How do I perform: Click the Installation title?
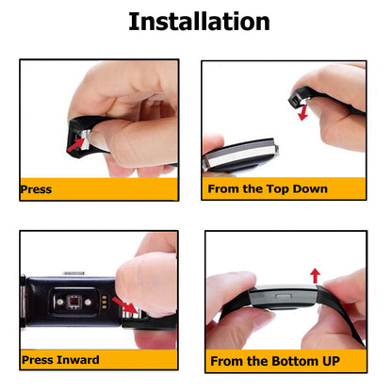click(198, 22)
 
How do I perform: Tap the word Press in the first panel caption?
click(37, 190)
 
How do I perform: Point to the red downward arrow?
click(302, 113)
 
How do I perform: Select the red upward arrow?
click(315, 275)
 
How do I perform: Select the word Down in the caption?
click(307, 189)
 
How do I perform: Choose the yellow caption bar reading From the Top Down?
click(284, 189)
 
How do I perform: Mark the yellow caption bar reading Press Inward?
click(98, 359)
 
